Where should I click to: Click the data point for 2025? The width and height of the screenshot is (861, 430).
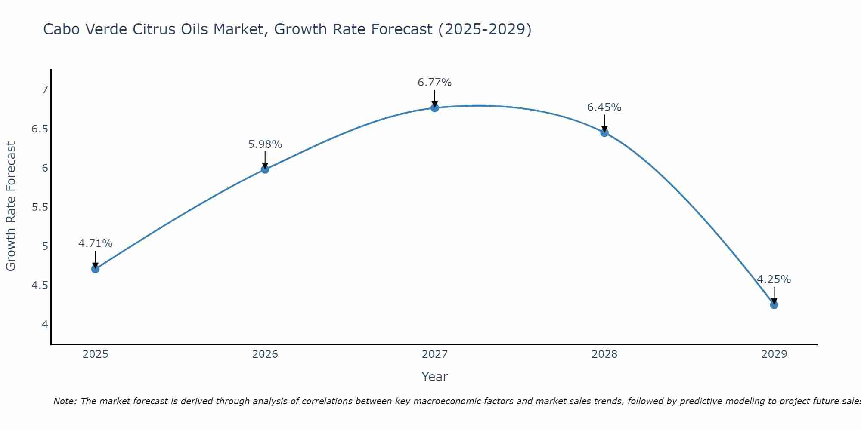tap(95, 269)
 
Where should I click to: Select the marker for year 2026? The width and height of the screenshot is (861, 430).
tap(265, 169)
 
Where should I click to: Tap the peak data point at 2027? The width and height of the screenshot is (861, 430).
tap(435, 107)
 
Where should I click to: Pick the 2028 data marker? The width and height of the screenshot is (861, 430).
tap(604, 132)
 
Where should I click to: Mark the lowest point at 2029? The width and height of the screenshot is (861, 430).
tap(774, 305)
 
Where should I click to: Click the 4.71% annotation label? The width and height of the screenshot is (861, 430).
tap(95, 243)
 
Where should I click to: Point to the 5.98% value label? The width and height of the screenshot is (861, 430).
tap(265, 144)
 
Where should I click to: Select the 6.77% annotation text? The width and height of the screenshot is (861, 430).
tap(435, 83)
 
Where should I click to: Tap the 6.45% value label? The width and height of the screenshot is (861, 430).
tap(604, 107)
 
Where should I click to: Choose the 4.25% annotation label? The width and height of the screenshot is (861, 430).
tap(774, 279)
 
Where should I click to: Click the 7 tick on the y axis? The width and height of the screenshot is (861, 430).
tap(45, 90)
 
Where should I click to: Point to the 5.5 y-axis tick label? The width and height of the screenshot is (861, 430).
tap(40, 207)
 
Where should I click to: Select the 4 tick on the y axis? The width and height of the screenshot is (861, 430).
tap(45, 325)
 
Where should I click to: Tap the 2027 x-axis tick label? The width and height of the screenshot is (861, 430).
tap(435, 354)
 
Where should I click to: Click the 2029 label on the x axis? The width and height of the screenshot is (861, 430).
tap(774, 354)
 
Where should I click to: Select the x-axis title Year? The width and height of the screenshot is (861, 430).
tap(435, 377)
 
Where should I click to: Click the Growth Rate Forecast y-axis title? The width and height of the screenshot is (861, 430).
tap(11, 206)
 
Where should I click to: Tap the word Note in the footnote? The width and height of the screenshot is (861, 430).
tap(65, 401)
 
